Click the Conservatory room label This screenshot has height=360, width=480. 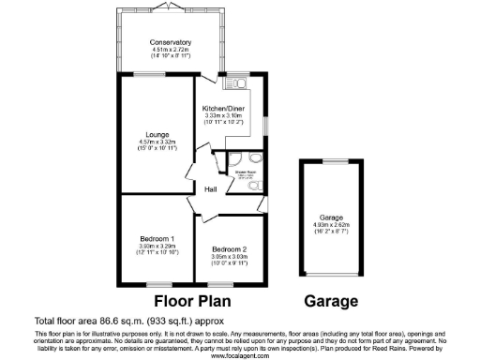[171, 42]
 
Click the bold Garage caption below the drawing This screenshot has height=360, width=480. [332, 302]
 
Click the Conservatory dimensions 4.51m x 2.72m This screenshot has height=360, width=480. [171, 50]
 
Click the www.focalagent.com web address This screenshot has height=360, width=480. [239, 356]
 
